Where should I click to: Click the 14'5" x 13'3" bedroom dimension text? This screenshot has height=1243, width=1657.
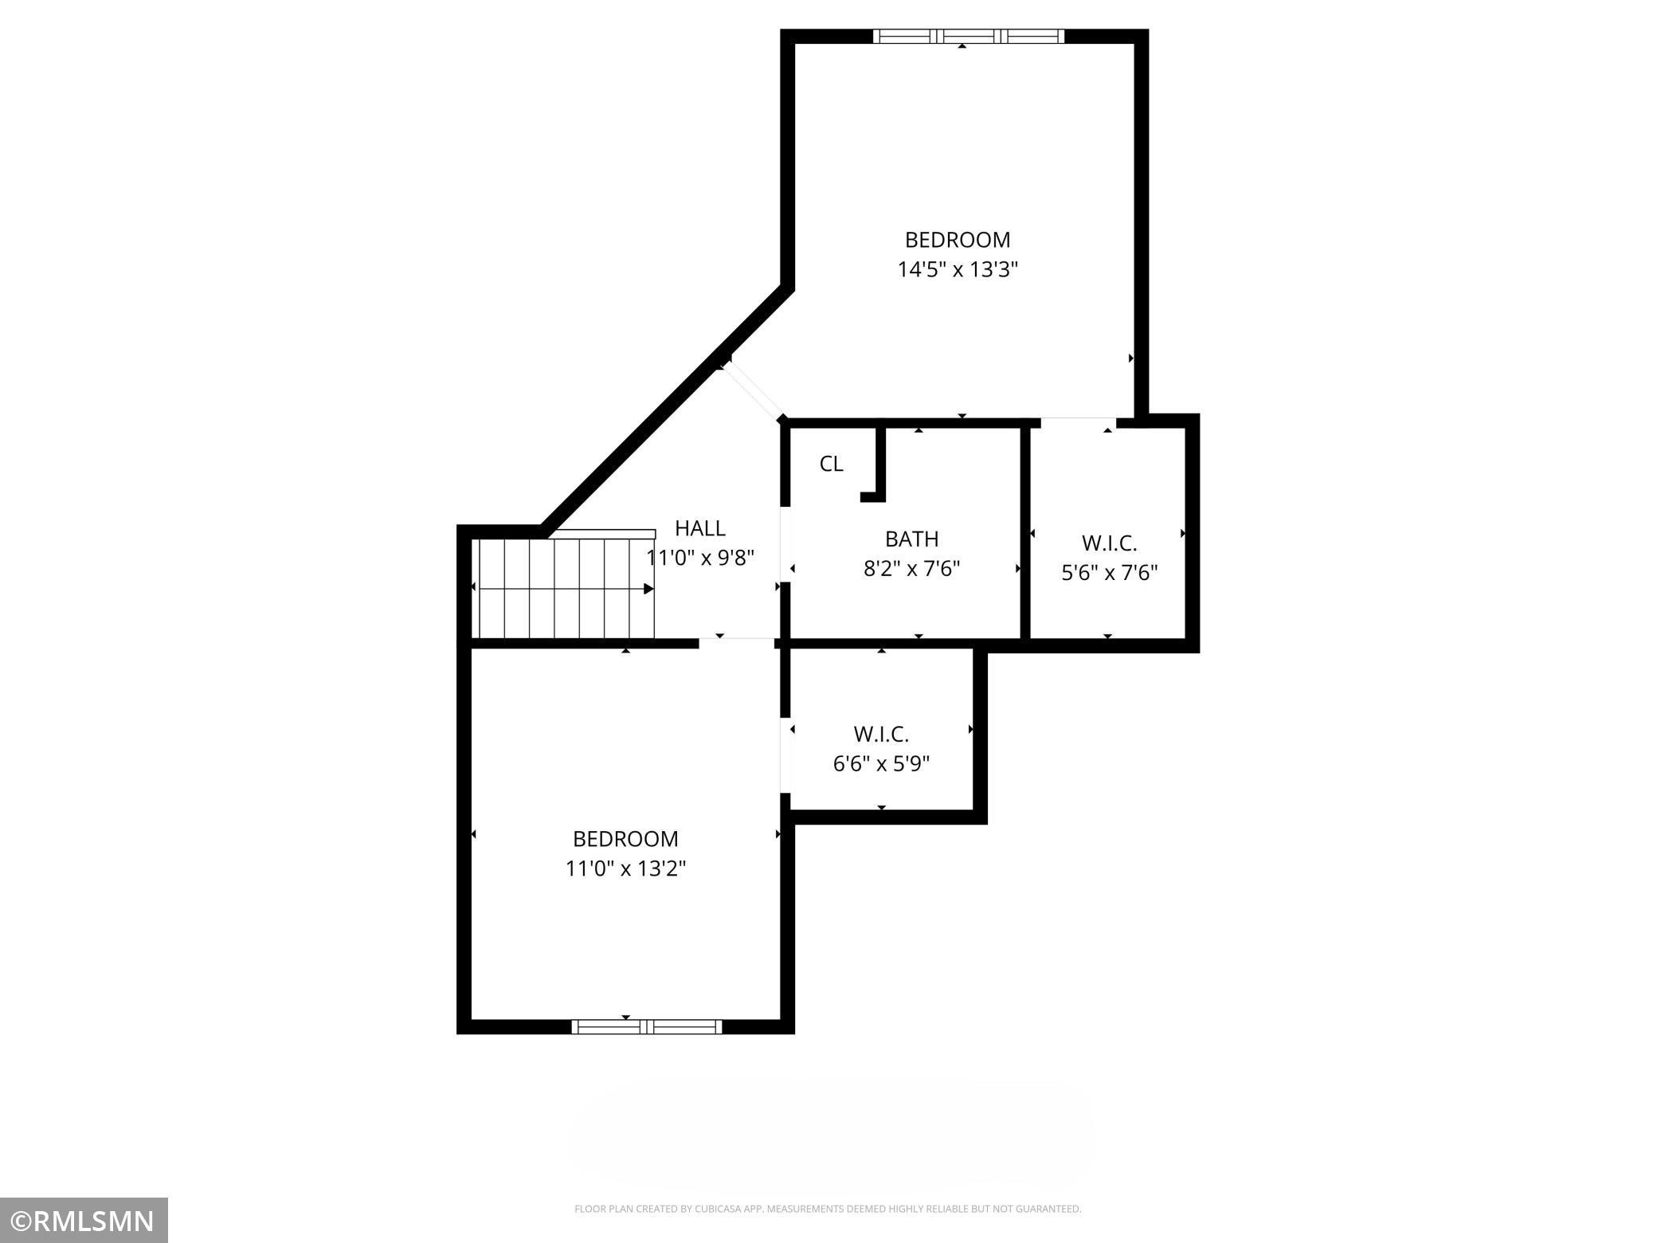point(958,269)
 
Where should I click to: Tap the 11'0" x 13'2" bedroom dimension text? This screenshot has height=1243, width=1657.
point(625,869)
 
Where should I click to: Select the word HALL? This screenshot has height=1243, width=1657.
point(699,528)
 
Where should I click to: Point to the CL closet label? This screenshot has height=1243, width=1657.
point(831,464)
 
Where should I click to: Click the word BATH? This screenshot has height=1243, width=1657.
point(911,539)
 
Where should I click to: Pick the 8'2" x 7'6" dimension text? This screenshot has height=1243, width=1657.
point(911,569)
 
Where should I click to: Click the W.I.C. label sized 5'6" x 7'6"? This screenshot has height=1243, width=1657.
point(1109,543)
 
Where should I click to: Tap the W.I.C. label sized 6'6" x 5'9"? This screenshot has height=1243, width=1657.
point(881,734)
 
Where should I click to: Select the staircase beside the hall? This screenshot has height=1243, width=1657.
point(562,588)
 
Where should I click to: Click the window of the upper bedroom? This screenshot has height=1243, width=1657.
point(968,36)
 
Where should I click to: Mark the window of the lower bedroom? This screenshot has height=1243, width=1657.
point(646,1027)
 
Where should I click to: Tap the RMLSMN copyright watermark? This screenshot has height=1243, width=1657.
point(84,1220)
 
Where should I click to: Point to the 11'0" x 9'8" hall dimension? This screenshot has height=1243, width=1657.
point(699,558)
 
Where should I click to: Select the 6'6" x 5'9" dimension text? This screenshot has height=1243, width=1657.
point(881,764)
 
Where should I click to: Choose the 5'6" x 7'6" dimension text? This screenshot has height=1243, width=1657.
point(1109,573)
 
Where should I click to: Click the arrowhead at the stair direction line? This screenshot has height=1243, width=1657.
point(648,589)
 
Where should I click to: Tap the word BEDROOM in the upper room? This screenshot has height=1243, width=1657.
point(958,240)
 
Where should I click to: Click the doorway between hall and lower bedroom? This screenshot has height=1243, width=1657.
point(737,642)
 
